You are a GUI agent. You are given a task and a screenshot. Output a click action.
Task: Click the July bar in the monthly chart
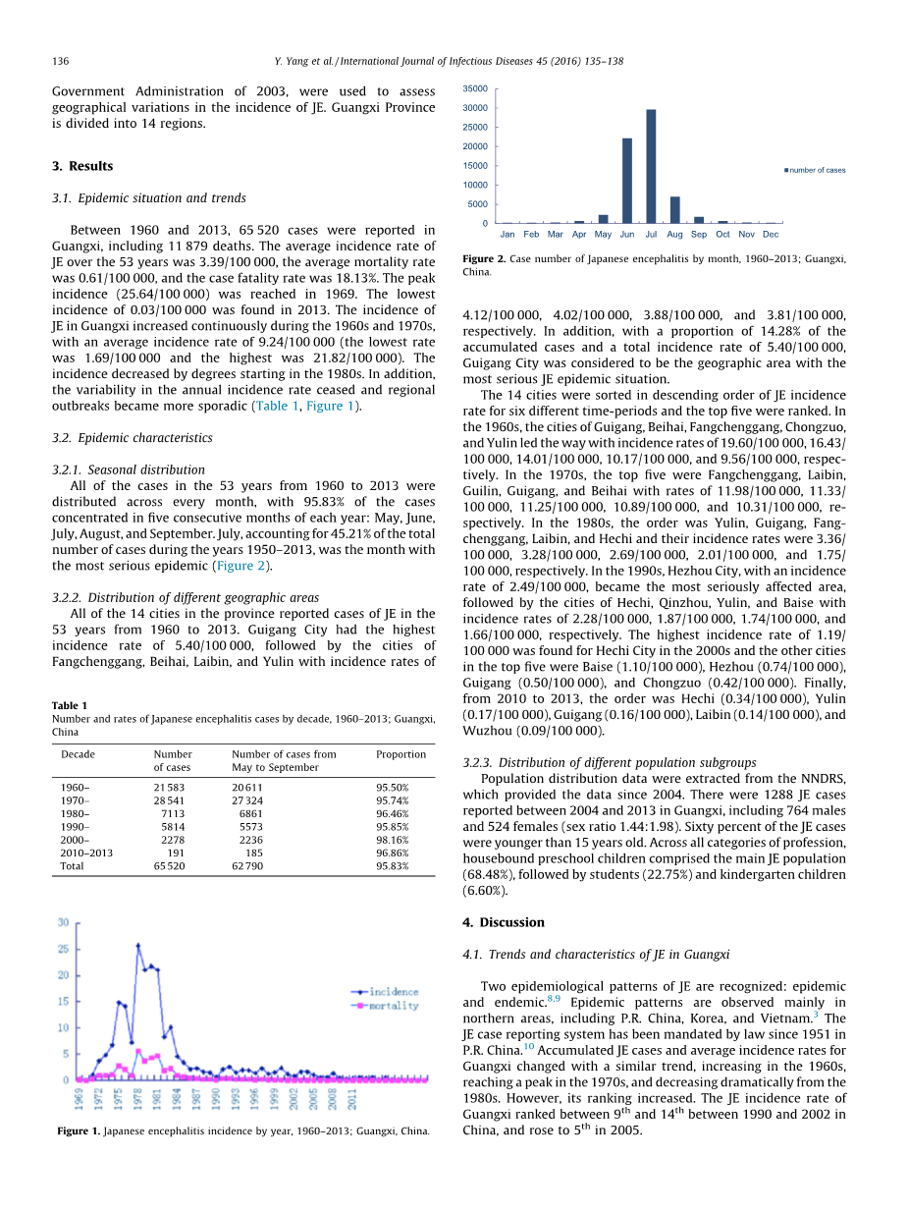point(651,167)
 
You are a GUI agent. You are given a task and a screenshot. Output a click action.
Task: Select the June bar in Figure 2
point(627,182)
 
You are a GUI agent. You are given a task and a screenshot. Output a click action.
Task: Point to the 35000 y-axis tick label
point(475,88)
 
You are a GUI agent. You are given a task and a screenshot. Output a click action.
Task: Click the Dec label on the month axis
point(771,235)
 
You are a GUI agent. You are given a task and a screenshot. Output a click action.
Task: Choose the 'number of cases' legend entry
point(817,170)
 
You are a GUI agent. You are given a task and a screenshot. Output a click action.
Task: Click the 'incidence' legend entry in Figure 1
point(393,992)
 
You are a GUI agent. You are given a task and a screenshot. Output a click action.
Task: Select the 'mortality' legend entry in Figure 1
point(393,1006)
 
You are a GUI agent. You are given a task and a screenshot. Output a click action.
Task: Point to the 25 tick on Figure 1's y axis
point(63,949)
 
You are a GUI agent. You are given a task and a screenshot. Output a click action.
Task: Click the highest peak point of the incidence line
point(137,946)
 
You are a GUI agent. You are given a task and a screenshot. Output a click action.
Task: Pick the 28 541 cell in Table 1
point(169,800)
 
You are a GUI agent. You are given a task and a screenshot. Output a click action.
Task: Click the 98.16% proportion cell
point(393,840)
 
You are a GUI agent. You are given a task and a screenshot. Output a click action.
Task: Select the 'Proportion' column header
point(401,754)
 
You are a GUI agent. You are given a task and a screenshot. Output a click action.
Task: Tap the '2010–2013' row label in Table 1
point(86,854)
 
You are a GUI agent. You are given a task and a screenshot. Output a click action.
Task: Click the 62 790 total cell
point(247,866)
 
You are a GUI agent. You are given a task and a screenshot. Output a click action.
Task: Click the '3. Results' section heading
point(82,166)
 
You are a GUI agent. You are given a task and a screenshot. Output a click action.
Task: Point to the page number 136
point(60,61)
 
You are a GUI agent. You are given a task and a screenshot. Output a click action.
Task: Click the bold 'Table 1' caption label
point(70,705)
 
